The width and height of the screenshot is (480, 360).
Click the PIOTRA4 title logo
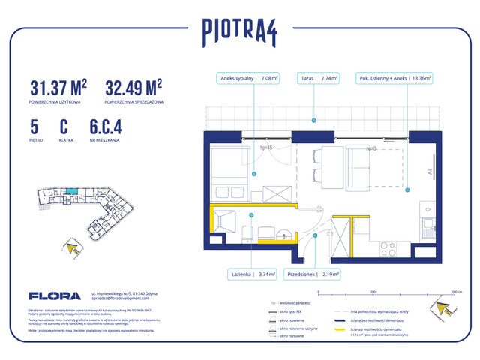pos(240,32)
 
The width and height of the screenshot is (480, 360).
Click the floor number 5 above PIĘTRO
pos(34,128)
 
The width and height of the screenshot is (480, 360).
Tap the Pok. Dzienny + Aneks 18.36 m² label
pos(398,77)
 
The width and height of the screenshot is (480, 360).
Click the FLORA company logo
pos(49,295)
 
